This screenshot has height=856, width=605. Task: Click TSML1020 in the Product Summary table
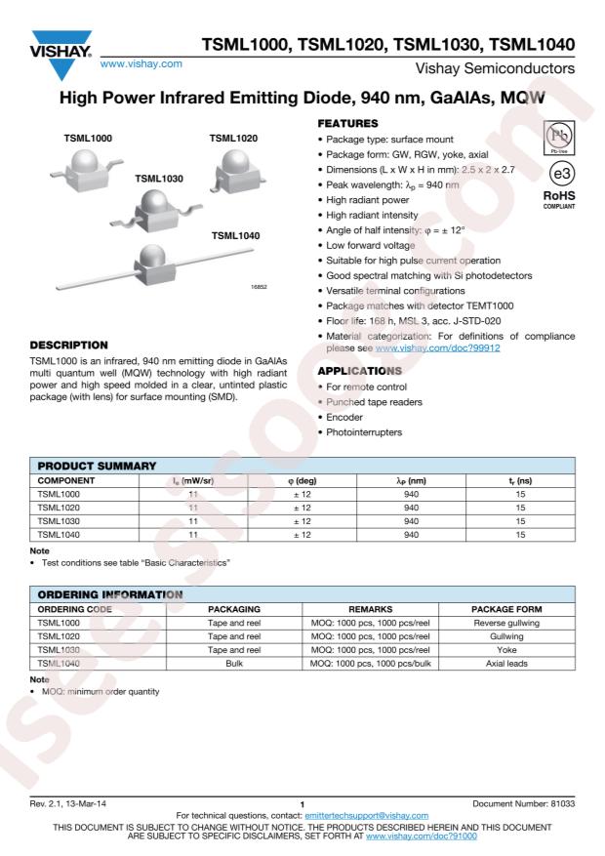(x=58, y=508)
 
